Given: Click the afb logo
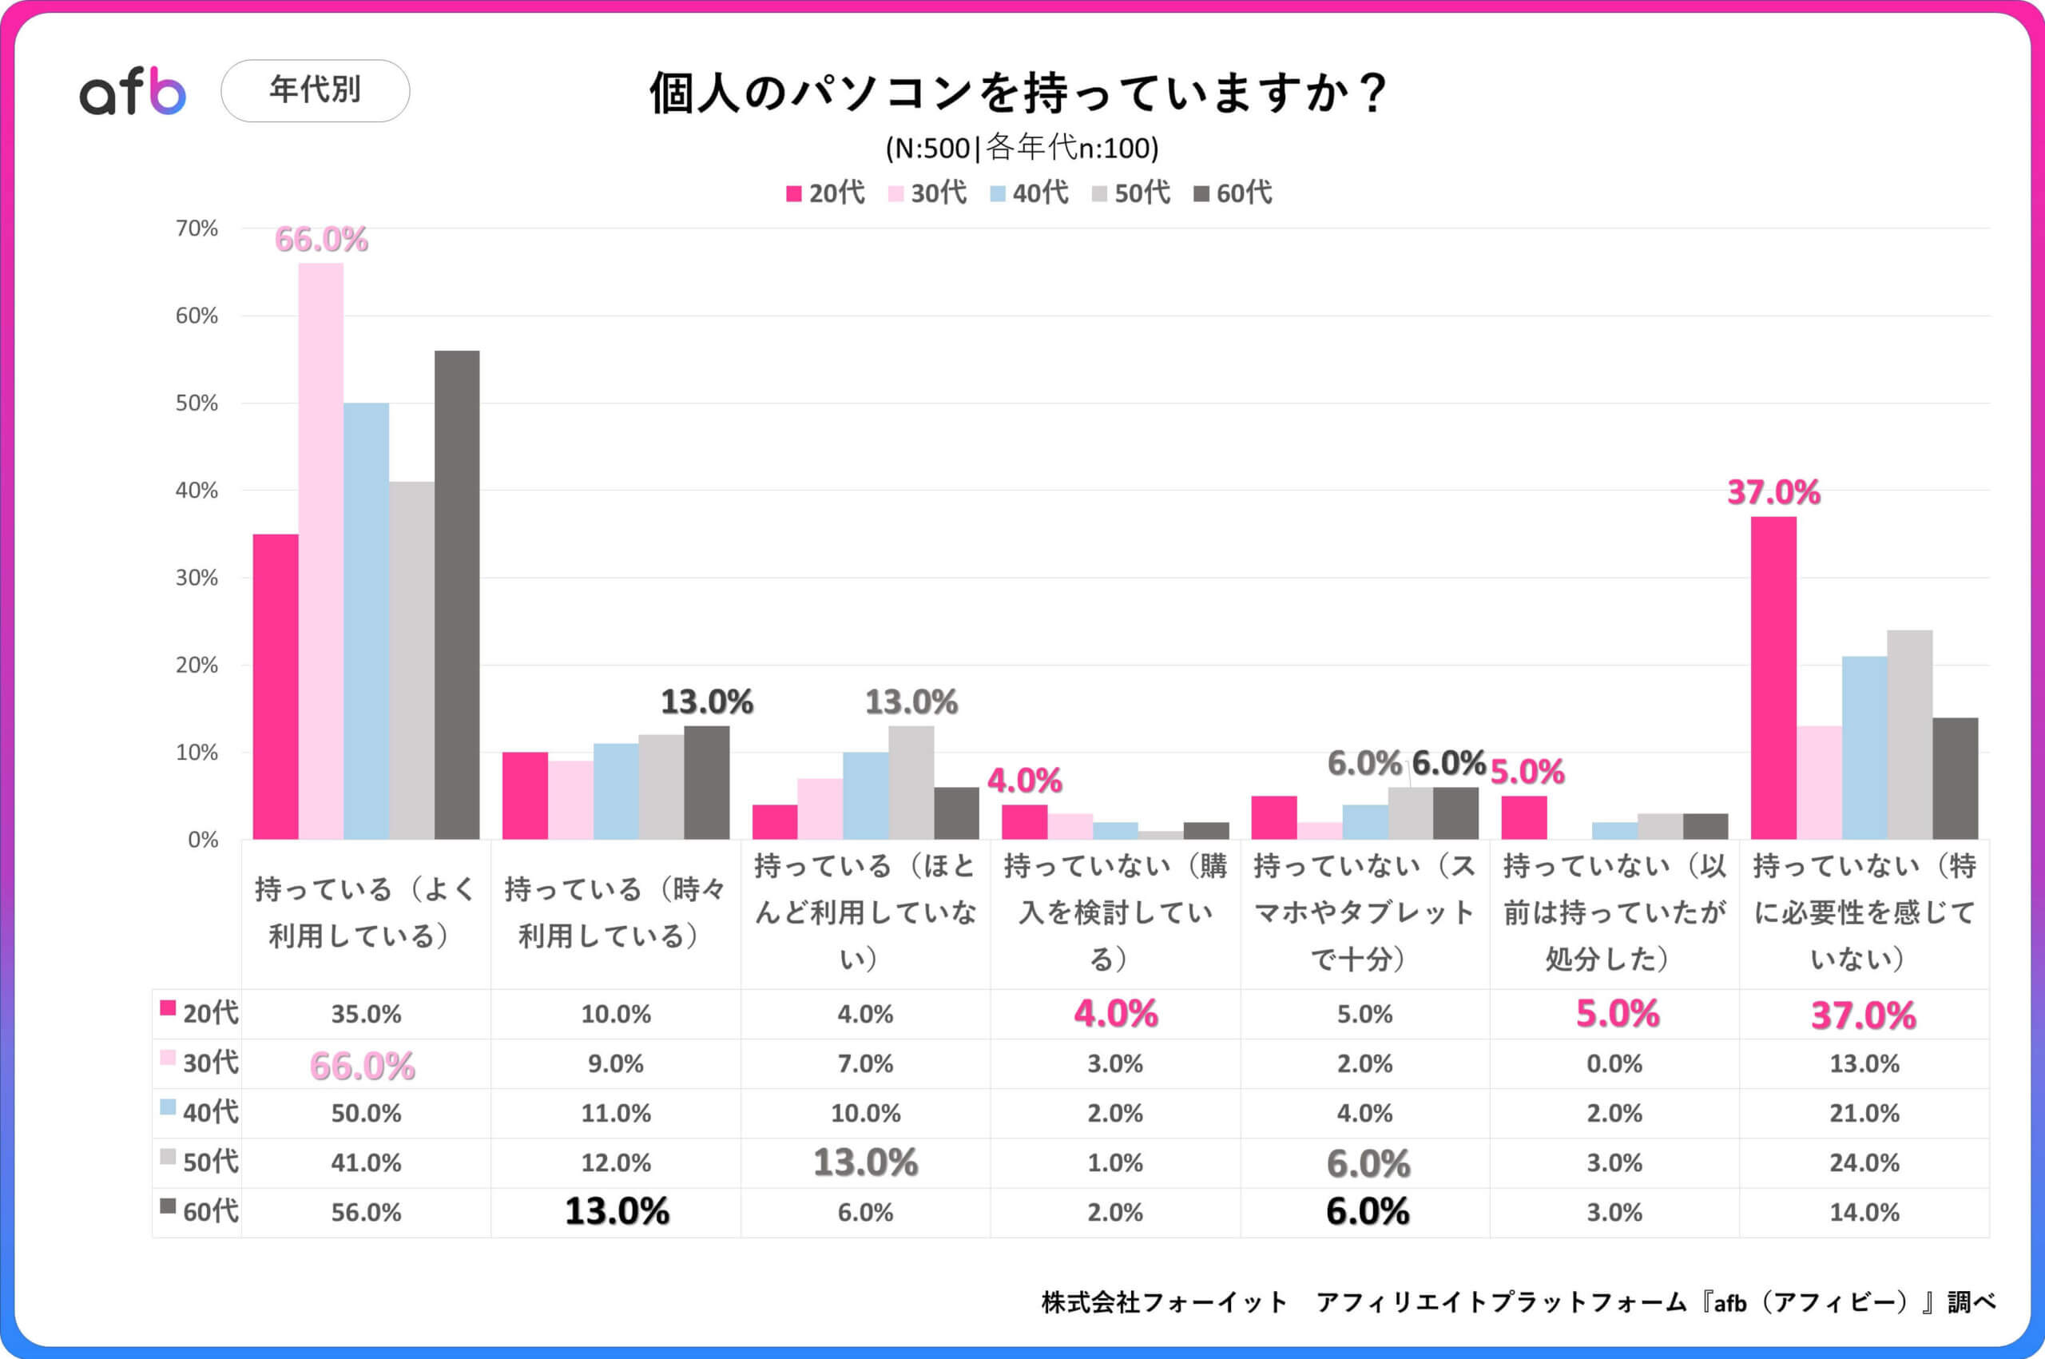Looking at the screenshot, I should [133, 91].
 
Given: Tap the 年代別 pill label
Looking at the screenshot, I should [315, 90].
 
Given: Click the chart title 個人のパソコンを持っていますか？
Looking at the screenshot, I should [1020, 93].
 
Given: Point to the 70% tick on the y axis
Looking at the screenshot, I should [197, 228].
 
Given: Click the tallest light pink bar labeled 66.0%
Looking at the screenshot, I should [320, 550].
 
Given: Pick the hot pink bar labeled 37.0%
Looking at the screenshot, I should [1773, 678].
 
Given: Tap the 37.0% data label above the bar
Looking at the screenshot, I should [1773, 492].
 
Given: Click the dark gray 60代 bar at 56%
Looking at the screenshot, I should [457, 594].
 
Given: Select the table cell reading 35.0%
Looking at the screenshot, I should [366, 1014].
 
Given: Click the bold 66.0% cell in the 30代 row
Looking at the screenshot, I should [362, 1065].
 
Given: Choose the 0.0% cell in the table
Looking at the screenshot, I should [1614, 1063].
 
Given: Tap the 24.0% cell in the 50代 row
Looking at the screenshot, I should [1863, 1162].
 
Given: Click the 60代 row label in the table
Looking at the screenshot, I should [201, 1210].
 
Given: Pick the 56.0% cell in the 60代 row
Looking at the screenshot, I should [366, 1213].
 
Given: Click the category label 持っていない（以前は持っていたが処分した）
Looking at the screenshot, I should [1614, 912].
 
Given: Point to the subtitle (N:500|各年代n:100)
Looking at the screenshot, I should [1022, 149].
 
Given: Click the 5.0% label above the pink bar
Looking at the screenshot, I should [1527, 771].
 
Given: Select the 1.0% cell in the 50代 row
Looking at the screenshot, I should [1114, 1162].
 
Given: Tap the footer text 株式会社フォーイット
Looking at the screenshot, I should [1164, 1301].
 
